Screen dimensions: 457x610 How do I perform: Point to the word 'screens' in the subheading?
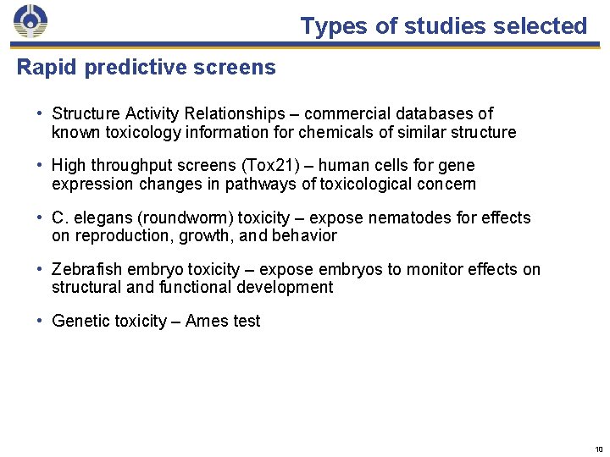point(238,68)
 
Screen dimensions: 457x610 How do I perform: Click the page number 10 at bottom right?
point(598,449)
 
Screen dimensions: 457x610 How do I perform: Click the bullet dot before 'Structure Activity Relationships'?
point(40,113)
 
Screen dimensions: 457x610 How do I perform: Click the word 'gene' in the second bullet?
point(457,166)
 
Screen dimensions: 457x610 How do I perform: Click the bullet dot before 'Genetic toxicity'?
point(40,322)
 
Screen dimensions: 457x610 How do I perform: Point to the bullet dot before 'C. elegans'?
point(40,218)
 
